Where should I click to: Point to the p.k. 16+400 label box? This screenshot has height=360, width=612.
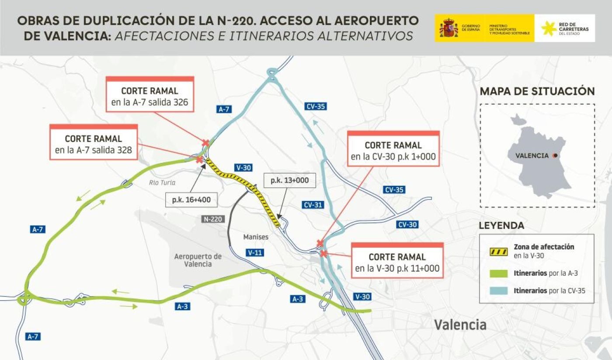[x=191, y=200]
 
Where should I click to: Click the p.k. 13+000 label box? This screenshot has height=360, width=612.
[x=289, y=180]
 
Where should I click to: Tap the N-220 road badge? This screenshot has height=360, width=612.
[x=213, y=219]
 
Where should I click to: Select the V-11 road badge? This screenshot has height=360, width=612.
[x=255, y=252]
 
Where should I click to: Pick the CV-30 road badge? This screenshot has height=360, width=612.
[x=407, y=225]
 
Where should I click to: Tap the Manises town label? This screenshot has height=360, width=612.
[x=256, y=237]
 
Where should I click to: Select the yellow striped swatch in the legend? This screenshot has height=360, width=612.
[x=497, y=252]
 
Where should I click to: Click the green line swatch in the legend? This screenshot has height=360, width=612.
[x=497, y=274]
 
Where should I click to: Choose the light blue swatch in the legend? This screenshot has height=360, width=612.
[x=497, y=291]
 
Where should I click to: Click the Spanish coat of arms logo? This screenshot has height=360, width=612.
[x=449, y=28]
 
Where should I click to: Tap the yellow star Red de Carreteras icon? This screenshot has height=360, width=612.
[x=549, y=28]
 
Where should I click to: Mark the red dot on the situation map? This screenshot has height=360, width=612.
[x=555, y=156]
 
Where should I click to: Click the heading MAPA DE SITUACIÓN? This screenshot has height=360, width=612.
[x=537, y=91]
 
